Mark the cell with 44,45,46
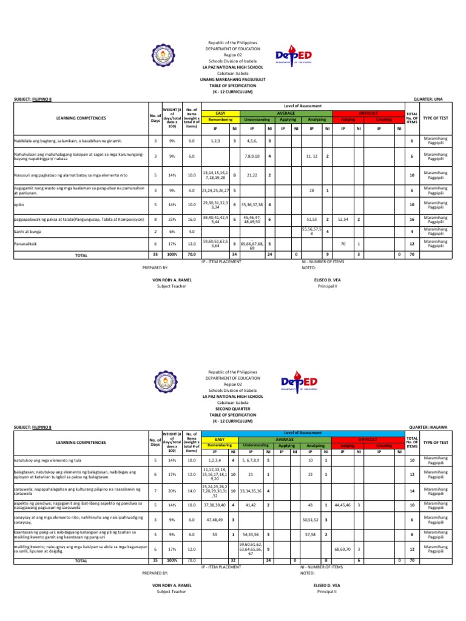343,504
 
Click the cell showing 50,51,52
311,520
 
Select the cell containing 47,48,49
217,520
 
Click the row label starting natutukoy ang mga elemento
49,460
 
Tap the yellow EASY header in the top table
217,113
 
